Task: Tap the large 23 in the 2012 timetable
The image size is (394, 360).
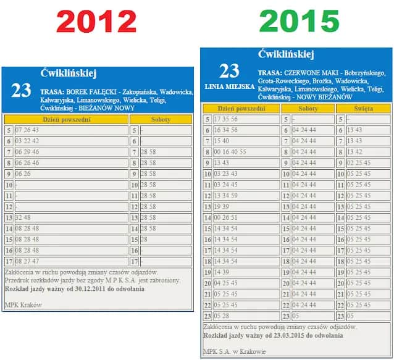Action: (21, 91)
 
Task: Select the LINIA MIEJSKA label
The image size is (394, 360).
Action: (229, 87)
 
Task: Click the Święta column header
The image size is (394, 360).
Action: (363, 108)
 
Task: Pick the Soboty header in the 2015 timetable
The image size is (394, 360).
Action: (308, 108)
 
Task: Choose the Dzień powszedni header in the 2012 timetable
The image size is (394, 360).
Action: (66, 119)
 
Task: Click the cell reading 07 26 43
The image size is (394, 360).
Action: (27, 130)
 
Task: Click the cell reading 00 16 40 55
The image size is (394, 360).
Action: (230, 152)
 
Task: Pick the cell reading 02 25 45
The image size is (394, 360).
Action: (359, 163)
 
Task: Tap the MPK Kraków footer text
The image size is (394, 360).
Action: (23, 304)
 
